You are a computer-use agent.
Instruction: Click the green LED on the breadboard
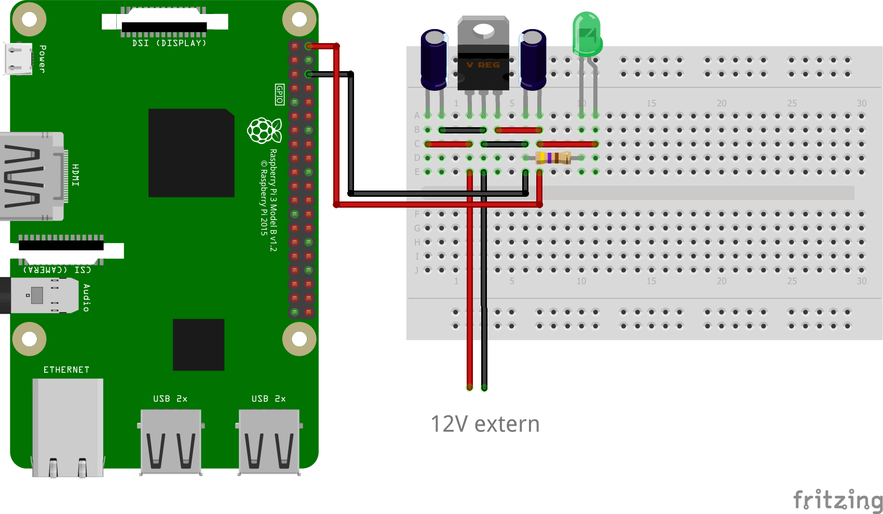pos(587,35)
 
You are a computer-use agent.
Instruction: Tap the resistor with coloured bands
pos(553,158)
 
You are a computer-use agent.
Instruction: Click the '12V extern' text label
pos(485,424)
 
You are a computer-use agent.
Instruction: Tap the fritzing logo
pos(837,501)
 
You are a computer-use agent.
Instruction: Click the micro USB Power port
pos(18,58)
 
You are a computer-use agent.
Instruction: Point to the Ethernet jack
pos(67,426)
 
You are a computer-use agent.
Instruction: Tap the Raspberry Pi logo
pos(264,130)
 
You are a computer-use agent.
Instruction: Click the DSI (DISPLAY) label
pos(169,43)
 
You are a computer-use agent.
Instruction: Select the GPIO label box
pos(279,94)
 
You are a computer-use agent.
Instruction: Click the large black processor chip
pos(191,153)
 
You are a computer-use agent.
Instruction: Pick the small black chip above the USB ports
pos(198,345)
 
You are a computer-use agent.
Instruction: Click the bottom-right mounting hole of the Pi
pos(300,339)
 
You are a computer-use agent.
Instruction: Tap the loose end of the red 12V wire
pos(470,387)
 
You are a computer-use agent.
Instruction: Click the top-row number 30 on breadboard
pos(861,103)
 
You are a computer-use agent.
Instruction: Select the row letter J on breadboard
pos(416,270)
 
